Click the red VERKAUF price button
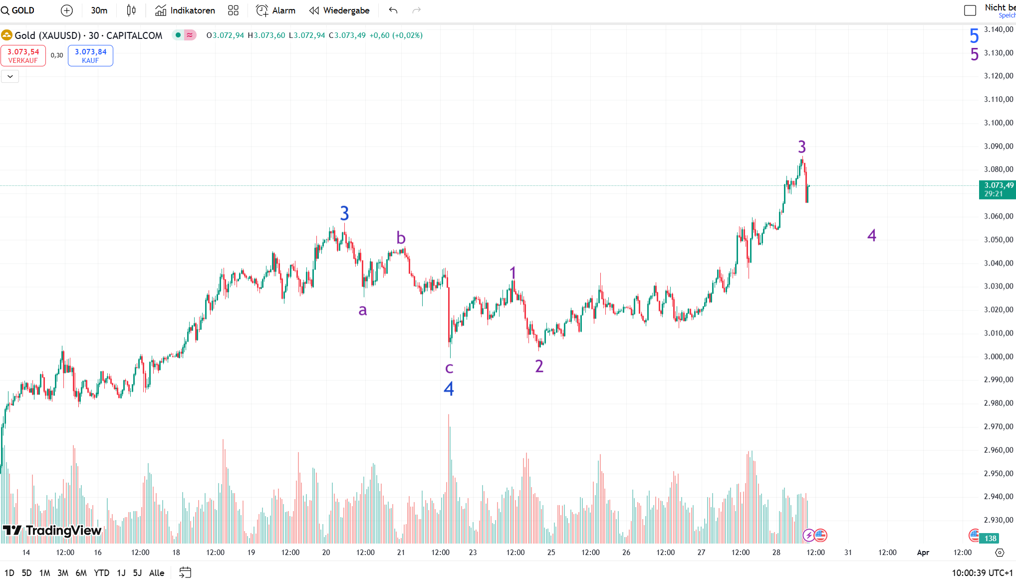(23, 55)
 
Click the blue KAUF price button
(90, 55)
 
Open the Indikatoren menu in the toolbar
(185, 10)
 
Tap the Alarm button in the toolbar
(275, 10)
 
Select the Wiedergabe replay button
(339, 10)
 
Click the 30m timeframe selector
(99, 10)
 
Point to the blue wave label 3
(344, 214)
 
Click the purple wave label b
(401, 238)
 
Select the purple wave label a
(363, 310)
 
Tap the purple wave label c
(449, 368)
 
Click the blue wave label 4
(449, 389)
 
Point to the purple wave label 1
(512, 273)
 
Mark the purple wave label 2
(539, 366)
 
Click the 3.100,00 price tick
(998, 123)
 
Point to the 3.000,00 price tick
(998, 356)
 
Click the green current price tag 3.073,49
(997, 189)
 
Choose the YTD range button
(101, 573)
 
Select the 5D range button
(26, 573)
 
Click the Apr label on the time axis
(923, 552)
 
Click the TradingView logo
(52, 530)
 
